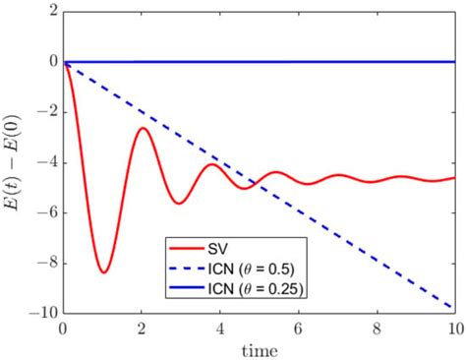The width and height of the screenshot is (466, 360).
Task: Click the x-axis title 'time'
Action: (x=260, y=348)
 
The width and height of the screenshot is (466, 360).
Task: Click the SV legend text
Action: (x=222, y=246)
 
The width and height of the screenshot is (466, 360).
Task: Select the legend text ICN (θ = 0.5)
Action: (x=255, y=266)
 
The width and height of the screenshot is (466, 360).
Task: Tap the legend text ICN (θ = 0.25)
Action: (x=259, y=286)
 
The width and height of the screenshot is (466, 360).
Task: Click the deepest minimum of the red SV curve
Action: (x=103, y=271)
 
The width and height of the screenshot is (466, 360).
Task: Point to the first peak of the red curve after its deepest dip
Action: (x=143, y=128)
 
